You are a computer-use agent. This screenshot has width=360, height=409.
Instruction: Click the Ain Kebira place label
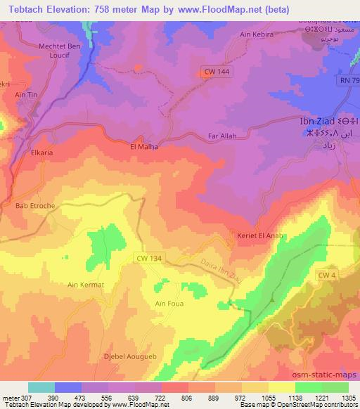[257, 34]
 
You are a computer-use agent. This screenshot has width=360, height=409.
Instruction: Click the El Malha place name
[144, 147]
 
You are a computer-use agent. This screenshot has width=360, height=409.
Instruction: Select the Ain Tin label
[24, 94]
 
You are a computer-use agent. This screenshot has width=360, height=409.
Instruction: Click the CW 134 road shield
[148, 259]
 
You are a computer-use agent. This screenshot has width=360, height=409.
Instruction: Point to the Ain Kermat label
[85, 285]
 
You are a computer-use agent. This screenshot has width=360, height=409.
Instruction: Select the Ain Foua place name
[169, 304]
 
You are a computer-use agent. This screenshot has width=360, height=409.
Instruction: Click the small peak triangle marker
[271, 299]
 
